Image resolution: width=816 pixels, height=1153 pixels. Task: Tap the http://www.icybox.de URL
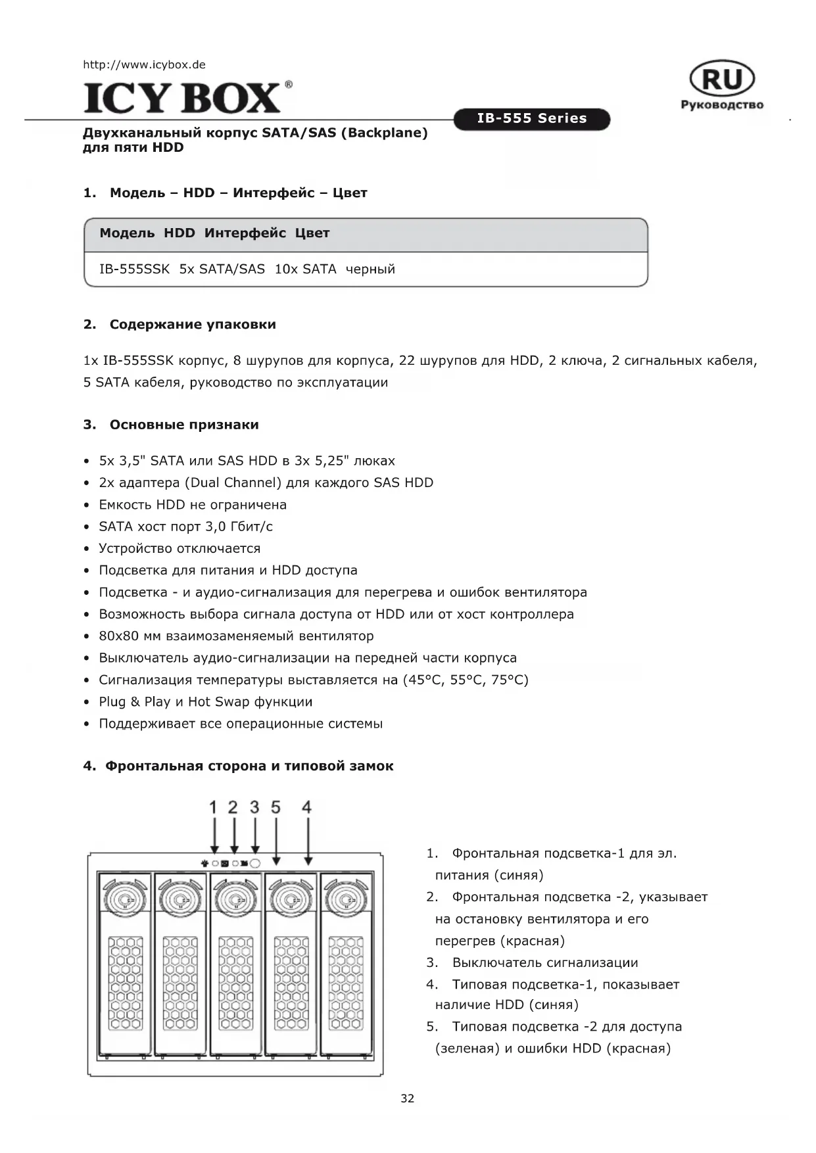click(144, 64)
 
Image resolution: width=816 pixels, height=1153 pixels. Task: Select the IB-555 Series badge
click(531, 119)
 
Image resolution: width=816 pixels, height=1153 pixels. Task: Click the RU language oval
click(722, 80)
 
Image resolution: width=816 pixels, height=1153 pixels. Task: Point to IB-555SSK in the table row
click(134, 269)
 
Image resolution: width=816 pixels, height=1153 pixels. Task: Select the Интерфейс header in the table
click(245, 233)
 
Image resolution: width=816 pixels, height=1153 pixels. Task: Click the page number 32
click(408, 1098)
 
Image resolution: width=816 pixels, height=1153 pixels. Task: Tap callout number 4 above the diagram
click(306, 807)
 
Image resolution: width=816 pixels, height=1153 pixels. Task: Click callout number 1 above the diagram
click(213, 807)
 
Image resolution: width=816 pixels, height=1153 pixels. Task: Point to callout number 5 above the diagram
click(276, 807)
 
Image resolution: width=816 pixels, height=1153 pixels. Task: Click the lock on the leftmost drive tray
click(124, 896)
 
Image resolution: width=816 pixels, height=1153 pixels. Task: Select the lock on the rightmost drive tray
click(346, 896)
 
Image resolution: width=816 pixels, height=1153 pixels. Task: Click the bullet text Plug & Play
click(135, 701)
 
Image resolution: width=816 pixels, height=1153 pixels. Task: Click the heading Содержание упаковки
click(193, 324)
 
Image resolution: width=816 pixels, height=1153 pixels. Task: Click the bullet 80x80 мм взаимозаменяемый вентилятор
click(236, 636)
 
